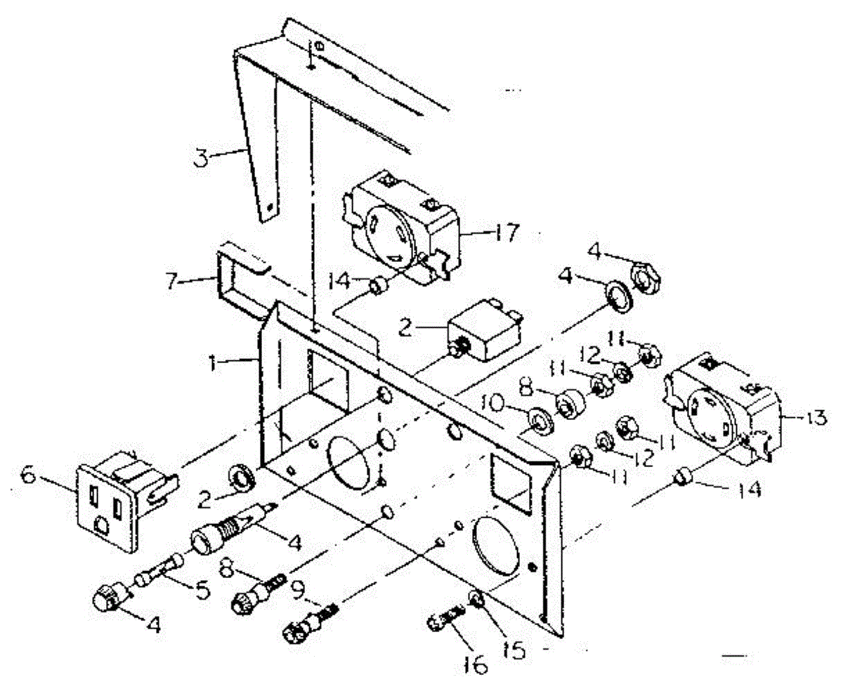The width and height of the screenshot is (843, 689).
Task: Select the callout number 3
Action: click(x=202, y=157)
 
